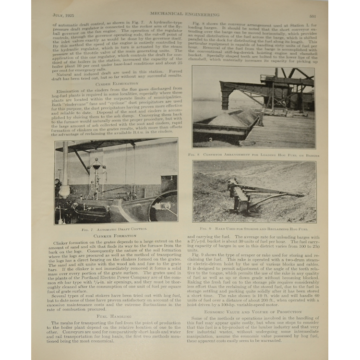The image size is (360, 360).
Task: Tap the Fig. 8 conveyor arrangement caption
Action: tap(253, 155)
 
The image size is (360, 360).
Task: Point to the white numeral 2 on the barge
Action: tap(210, 139)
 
